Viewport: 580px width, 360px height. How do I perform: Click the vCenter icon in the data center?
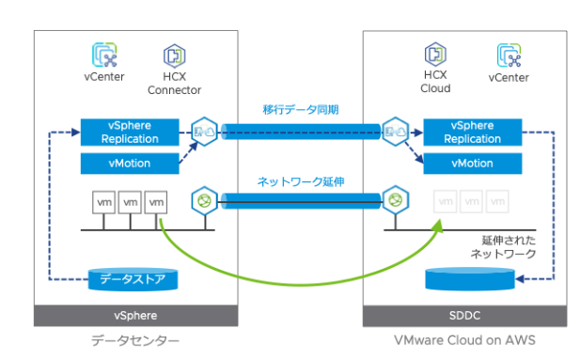[x=104, y=55]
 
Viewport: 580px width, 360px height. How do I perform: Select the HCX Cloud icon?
[x=434, y=54]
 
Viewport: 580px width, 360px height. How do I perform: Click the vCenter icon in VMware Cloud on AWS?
[x=508, y=55]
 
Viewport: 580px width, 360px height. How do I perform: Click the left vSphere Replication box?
[x=130, y=133]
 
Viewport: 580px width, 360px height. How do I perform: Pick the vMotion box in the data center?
[x=130, y=164]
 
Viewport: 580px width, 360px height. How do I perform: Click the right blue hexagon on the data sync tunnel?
[x=395, y=130]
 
